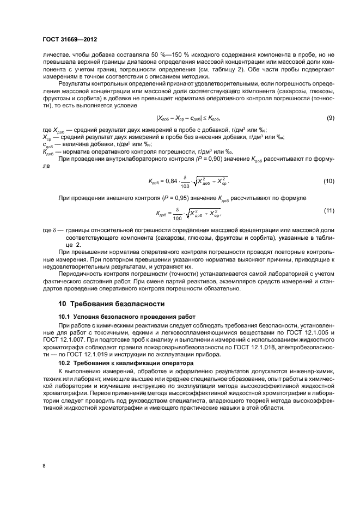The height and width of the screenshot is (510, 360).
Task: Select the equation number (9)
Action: (x=330, y=133)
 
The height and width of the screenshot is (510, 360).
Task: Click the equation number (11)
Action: (x=328, y=210)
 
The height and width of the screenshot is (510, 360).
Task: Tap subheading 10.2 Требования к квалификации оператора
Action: (x=124, y=362)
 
